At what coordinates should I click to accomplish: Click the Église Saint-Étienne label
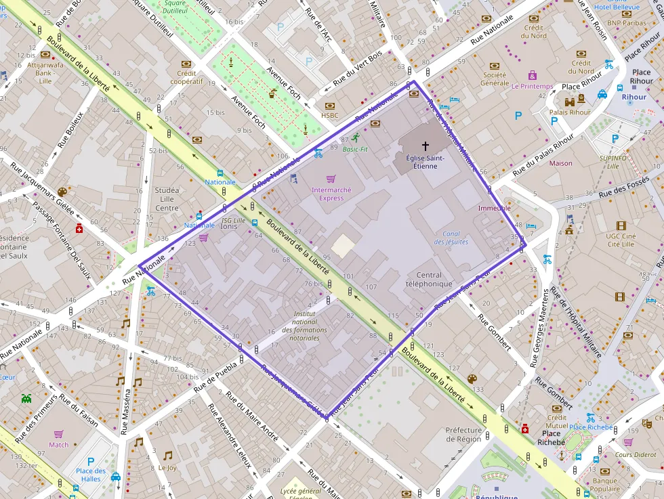(426, 162)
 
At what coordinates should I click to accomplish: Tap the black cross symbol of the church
(426, 146)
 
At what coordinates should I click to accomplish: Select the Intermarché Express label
(331, 194)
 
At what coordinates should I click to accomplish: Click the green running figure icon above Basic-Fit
(355, 137)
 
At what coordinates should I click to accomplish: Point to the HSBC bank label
(330, 115)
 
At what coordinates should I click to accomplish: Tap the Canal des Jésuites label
(451, 238)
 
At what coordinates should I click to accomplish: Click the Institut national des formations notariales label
(302, 326)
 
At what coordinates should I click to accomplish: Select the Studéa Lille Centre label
(167, 199)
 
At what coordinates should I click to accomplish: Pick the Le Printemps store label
(532, 87)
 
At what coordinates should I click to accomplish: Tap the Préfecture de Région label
(463, 434)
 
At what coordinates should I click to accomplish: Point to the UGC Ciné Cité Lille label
(621, 240)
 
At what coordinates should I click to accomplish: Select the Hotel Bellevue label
(617, 7)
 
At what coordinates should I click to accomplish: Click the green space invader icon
(26, 398)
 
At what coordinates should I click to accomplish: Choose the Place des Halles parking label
(91, 475)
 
